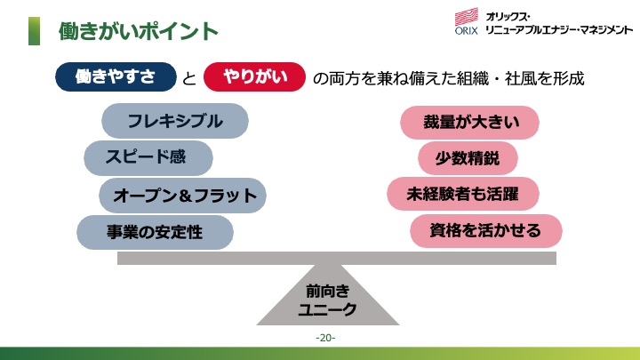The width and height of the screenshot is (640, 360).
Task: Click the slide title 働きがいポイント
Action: pyautogui.click(x=139, y=31)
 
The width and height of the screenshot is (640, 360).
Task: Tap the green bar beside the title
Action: pyautogui.click(x=35, y=31)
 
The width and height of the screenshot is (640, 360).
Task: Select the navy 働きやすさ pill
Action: pyautogui.click(x=116, y=76)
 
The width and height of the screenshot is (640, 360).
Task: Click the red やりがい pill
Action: pyautogui.click(x=254, y=76)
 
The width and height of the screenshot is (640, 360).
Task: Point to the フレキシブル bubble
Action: pyautogui.click(x=175, y=121)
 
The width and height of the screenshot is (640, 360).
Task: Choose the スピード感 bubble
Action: pyautogui.click(x=148, y=157)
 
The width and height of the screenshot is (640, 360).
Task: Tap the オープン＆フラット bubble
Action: pyautogui.click(x=182, y=195)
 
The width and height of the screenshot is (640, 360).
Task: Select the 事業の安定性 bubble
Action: pyautogui.click(x=155, y=232)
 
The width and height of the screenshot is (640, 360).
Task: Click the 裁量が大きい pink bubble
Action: pyautogui.click(x=469, y=123)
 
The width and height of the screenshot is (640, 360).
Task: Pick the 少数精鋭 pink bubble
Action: pyautogui.click(x=468, y=158)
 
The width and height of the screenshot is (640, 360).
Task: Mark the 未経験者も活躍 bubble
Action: pyautogui.click(x=463, y=194)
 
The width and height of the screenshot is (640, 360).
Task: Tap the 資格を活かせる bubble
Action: pyautogui.click(x=485, y=230)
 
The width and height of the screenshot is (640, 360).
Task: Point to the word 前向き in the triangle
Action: pyautogui.click(x=328, y=291)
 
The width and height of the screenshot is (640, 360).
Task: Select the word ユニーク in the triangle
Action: pyautogui.click(x=327, y=309)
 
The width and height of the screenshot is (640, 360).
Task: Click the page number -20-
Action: pyautogui.click(x=325, y=338)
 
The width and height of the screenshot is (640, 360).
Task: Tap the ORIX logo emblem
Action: pyautogui.click(x=466, y=21)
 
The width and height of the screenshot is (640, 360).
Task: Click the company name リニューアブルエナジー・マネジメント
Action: pyautogui.click(x=559, y=30)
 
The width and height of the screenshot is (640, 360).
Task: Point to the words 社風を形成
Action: pyautogui.click(x=545, y=78)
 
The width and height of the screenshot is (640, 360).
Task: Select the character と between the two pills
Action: pyautogui.click(x=189, y=78)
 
